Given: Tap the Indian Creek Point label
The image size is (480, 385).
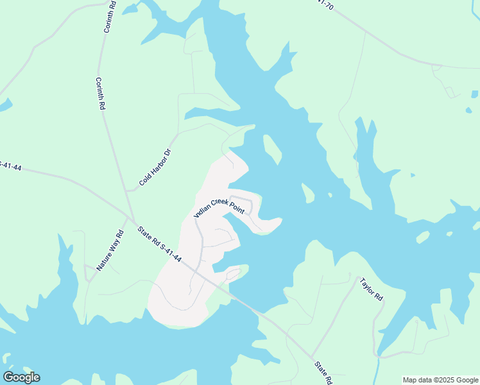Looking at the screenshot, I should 219,207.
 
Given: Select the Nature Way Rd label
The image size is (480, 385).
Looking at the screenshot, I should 110,250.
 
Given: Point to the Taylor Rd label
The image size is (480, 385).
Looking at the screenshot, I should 371,289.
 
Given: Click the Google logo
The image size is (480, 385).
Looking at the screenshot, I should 21,377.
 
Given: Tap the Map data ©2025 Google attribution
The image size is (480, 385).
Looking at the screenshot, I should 440,380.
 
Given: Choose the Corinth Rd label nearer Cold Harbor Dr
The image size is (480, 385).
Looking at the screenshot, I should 99,94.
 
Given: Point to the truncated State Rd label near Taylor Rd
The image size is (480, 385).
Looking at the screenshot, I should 323,372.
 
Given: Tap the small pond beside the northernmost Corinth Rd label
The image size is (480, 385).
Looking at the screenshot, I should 130,9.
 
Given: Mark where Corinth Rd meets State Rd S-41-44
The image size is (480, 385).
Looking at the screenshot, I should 132,218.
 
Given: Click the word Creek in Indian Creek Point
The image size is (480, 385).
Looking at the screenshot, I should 221,205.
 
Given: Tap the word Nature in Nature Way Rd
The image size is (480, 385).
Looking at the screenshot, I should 104,259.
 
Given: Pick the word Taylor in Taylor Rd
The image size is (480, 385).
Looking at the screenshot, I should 368,286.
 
